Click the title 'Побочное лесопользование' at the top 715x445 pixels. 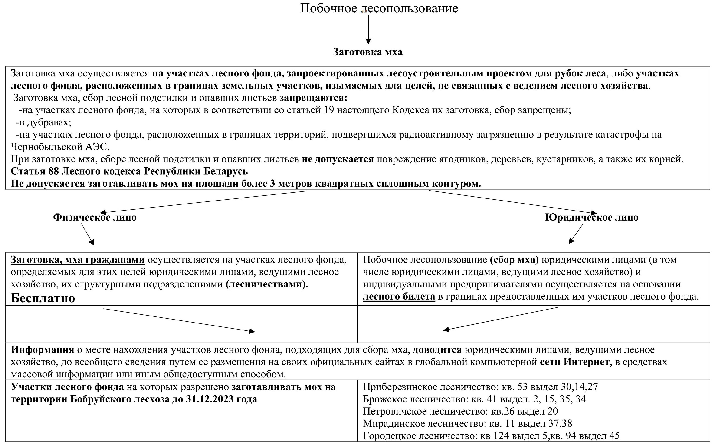(379, 8)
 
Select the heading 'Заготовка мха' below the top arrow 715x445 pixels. (368, 52)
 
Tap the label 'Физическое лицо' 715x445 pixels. (95, 218)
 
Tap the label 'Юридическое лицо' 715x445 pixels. (592, 218)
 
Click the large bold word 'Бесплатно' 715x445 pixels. (43, 298)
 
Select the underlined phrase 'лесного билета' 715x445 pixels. (399, 296)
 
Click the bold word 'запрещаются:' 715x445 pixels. (313, 98)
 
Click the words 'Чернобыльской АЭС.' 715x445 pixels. (60, 147)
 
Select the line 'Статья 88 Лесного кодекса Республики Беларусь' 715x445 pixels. (129, 171)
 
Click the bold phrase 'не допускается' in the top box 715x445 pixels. (338, 159)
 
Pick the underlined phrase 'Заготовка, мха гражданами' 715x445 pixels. (78, 260)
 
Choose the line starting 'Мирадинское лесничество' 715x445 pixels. (467, 424)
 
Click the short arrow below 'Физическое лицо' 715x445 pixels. (87, 234)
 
